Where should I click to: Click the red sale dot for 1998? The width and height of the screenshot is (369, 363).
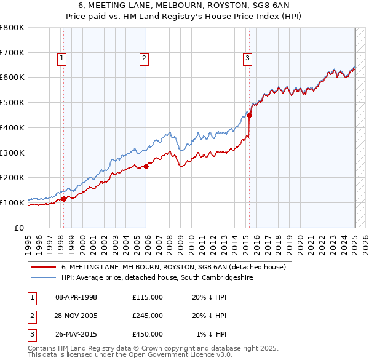pyautogui.click(x=63, y=199)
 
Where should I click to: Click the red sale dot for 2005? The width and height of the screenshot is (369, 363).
pyautogui.click(x=146, y=166)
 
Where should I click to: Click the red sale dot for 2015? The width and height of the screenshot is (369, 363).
pyautogui.click(x=250, y=115)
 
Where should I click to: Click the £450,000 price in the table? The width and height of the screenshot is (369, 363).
pyautogui.click(x=148, y=334)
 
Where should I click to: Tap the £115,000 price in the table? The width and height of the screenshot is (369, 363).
pyautogui.click(x=148, y=297)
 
